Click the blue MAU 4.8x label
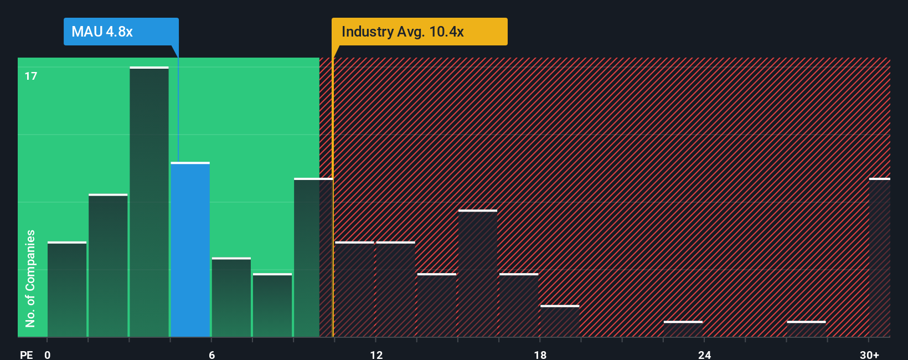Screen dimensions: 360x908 tap(121, 32)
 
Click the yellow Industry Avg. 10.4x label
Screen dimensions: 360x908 tap(419, 32)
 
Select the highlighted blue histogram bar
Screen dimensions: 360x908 tap(190, 249)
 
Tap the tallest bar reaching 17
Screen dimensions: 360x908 tap(149, 202)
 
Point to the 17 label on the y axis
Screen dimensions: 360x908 tap(31, 76)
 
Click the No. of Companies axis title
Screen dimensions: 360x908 tap(30, 278)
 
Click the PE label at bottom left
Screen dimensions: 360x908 tap(26, 354)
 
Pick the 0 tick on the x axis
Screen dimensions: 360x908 tap(48, 354)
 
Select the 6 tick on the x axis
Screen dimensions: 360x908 tap(211, 354)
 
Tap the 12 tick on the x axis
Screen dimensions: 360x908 tap(376, 354)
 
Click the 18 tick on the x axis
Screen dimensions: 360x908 tap(540, 354)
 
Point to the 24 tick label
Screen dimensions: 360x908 tap(704, 354)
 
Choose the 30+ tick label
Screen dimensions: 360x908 tap(869, 354)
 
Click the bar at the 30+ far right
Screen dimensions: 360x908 tap(879, 258)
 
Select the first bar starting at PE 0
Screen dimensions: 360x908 tap(67, 289)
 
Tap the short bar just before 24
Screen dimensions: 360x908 tap(683, 328)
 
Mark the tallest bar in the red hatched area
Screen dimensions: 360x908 tap(477, 273)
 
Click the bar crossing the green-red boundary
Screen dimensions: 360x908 tap(313, 258)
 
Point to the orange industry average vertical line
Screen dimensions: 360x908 tap(333, 194)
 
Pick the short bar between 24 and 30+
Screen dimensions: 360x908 tap(806, 328)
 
